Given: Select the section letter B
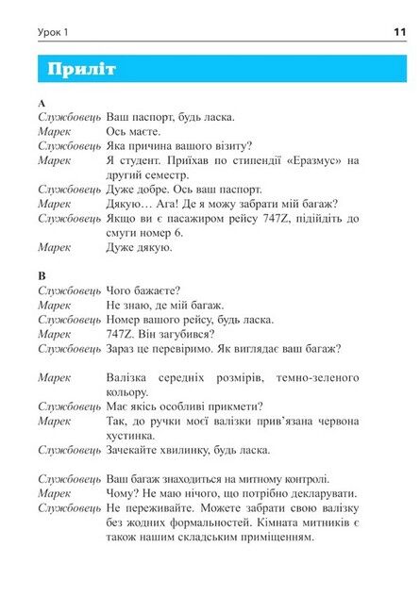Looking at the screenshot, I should [42, 274].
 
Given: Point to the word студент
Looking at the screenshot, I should [138, 160].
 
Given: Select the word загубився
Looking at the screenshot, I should [184, 333].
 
